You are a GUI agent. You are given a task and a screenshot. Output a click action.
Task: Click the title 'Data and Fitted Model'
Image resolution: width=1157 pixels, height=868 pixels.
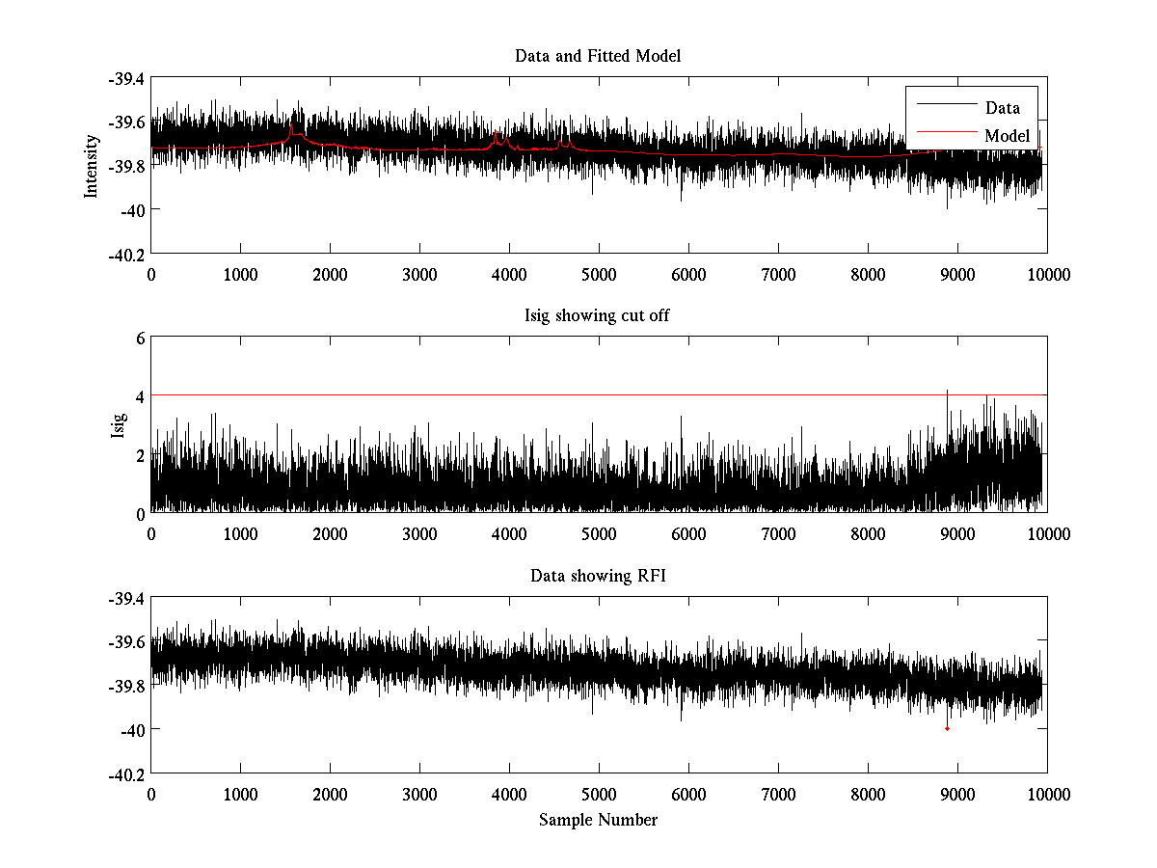click(x=598, y=56)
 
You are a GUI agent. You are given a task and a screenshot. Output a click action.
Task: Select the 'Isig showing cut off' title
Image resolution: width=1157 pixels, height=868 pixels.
click(x=598, y=316)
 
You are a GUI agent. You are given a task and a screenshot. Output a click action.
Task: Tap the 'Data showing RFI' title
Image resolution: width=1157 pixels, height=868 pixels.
click(x=598, y=577)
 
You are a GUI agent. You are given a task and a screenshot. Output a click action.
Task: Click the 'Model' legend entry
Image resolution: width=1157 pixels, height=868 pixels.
click(x=1007, y=136)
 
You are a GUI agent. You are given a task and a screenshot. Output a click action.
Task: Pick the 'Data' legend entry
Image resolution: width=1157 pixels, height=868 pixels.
click(x=1002, y=108)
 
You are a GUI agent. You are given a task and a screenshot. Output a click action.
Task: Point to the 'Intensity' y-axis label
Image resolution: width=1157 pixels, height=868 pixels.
click(x=92, y=165)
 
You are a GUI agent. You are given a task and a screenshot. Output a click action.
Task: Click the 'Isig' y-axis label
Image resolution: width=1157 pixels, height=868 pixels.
click(x=118, y=425)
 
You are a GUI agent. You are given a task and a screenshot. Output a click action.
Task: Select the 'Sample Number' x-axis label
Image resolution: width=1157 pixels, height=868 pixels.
click(x=598, y=820)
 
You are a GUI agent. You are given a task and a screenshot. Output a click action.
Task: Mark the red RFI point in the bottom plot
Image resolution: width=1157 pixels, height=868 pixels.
click(x=947, y=728)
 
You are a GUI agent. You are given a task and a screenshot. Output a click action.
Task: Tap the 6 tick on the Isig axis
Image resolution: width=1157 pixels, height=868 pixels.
click(x=140, y=338)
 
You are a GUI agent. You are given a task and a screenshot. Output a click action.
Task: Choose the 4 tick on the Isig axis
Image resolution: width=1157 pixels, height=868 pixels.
click(x=140, y=396)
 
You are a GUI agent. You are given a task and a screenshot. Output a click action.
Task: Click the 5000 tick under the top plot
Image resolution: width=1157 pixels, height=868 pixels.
click(x=599, y=274)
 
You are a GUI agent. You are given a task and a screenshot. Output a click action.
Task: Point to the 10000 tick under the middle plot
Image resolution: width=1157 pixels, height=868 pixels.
click(x=1047, y=534)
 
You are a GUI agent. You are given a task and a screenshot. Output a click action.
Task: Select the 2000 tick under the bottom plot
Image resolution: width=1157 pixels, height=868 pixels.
click(x=330, y=795)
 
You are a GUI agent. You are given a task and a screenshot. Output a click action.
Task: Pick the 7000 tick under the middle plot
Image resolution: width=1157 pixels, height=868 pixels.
click(x=778, y=534)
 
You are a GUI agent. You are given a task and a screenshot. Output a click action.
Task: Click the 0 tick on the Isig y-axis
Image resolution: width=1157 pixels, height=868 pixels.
click(x=140, y=514)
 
